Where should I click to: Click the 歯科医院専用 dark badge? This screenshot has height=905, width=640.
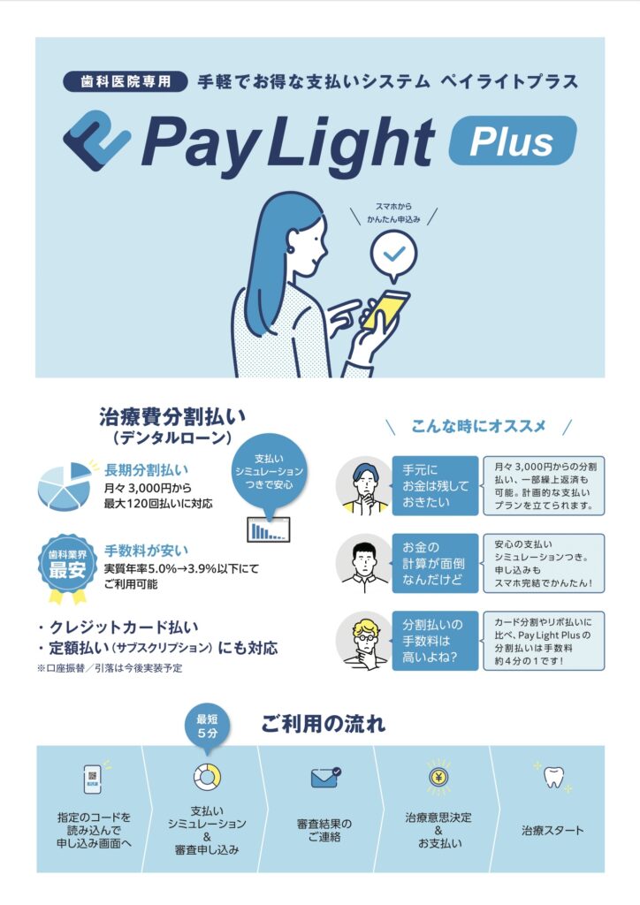[126, 81]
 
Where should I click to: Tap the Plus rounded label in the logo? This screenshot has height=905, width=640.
[513, 141]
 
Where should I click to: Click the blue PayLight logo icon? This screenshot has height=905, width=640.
[97, 141]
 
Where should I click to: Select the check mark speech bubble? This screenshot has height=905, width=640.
[393, 255]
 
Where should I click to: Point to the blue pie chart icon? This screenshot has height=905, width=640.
[65, 486]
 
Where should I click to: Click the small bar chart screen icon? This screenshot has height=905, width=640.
[269, 529]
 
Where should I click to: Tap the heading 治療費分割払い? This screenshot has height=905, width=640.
[172, 416]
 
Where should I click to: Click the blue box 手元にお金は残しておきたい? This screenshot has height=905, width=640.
[435, 485]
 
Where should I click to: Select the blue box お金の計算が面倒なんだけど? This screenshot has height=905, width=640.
[435, 563]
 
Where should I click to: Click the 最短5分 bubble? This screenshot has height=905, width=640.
[207, 728]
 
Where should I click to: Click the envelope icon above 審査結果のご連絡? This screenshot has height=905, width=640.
[325, 778]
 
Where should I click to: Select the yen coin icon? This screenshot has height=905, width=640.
[438, 777]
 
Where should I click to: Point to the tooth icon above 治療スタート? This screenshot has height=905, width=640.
[552, 777]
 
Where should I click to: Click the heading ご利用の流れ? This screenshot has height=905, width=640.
[324, 723]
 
